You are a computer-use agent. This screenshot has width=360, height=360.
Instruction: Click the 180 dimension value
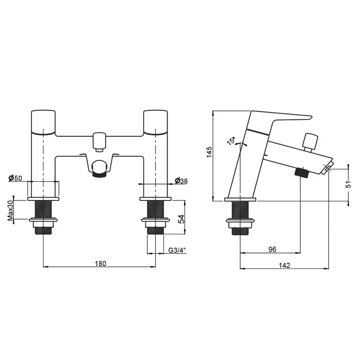(100, 264)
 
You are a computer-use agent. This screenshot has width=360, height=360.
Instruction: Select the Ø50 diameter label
(15, 178)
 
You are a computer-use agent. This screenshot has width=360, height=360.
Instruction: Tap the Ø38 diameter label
(181, 181)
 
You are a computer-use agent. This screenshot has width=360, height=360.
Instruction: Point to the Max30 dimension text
(10, 210)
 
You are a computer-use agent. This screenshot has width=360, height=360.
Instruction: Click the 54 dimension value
(181, 219)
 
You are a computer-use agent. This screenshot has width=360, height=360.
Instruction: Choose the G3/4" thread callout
(177, 250)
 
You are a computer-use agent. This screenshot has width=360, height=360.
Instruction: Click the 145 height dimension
(210, 152)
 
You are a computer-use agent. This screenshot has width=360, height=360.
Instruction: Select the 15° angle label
(231, 141)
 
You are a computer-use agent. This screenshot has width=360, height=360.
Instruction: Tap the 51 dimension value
(348, 184)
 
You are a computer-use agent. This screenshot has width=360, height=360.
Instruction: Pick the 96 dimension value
(272, 249)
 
